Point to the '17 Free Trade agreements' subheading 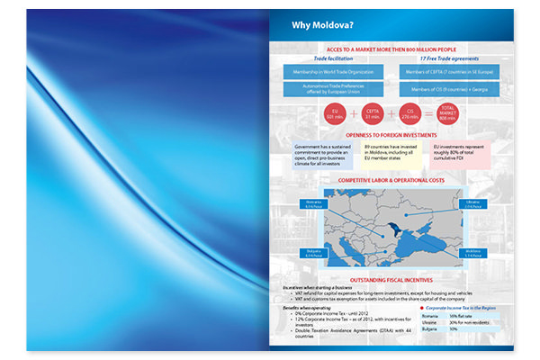442,56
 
